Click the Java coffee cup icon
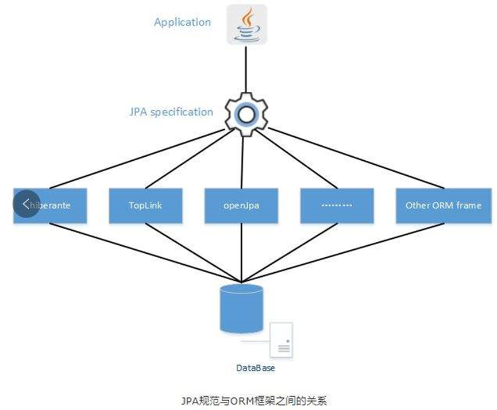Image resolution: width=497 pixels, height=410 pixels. point(246,24)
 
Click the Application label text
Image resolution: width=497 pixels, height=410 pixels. point(182,22)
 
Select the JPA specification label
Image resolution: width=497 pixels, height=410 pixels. point(171,112)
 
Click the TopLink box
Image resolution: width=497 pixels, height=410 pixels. point(145,205)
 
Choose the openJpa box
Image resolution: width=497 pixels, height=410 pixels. point(241,205)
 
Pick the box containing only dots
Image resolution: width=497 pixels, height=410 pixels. point(337,205)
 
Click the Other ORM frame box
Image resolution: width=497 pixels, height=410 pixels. point(443,205)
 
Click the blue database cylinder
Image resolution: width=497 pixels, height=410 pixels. point(241,308)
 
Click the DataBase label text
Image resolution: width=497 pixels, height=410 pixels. point(256,368)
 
